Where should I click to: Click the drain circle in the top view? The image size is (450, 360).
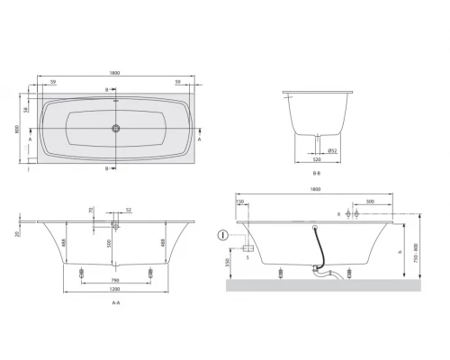(114, 127)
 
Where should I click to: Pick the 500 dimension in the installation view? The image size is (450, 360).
(371, 202)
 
